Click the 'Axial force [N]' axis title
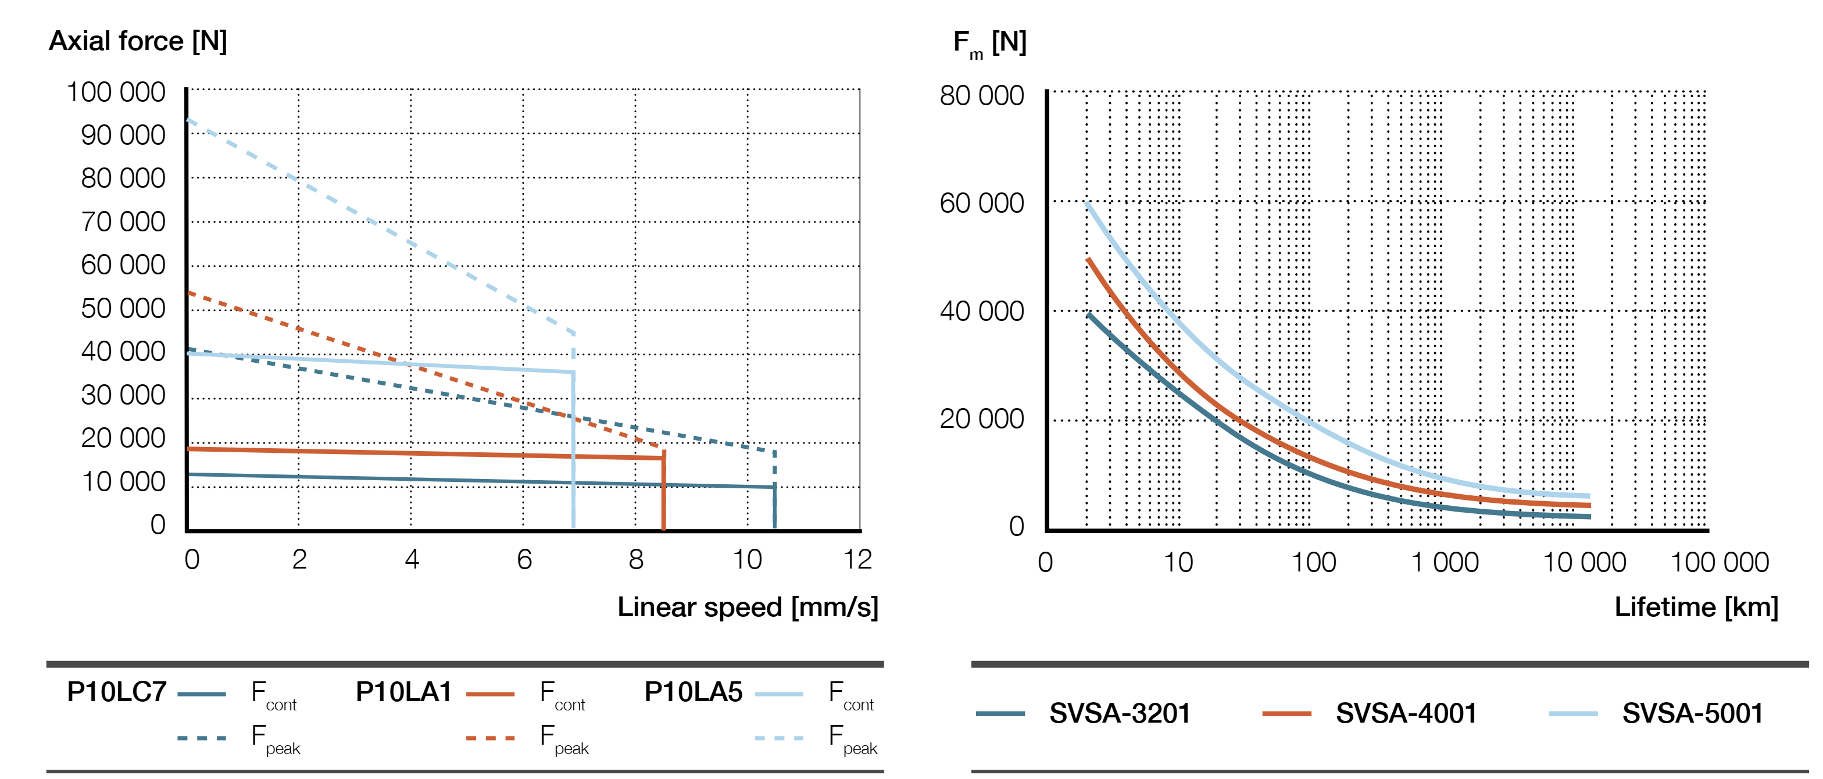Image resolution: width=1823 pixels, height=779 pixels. tap(138, 41)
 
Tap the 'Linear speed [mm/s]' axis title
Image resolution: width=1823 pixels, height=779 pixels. tap(748, 607)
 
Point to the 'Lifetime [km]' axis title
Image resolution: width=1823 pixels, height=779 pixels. tap(1696, 607)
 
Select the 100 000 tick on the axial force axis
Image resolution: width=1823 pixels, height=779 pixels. tap(116, 92)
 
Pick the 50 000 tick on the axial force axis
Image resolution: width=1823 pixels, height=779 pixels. tap(123, 309)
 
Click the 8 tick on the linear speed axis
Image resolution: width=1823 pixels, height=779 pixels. tap(636, 560)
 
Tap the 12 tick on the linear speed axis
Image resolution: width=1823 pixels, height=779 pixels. tap(857, 560)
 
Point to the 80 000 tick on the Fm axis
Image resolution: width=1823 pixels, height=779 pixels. tap(982, 95)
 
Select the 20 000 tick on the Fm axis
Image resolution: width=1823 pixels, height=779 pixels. tap(982, 419)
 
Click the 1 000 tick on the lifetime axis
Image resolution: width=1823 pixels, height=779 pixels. tap(1445, 563)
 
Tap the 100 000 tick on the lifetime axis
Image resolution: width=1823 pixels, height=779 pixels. tap(1719, 563)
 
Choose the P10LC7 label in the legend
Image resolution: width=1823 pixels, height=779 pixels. tap(117, 691)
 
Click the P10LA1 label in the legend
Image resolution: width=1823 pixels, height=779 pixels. tap(403, 691)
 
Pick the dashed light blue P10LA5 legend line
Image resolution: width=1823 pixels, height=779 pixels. tap(779, 738)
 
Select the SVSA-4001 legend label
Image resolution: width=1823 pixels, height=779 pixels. tap(1406, 713)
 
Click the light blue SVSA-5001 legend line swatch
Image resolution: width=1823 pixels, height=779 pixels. tap(1572, 713)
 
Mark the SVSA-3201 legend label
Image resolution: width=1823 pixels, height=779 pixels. tap(1120, 713)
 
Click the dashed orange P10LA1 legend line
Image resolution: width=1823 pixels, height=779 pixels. tap(491, 738)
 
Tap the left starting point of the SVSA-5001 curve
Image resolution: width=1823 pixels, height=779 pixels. tap(1088, 204)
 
